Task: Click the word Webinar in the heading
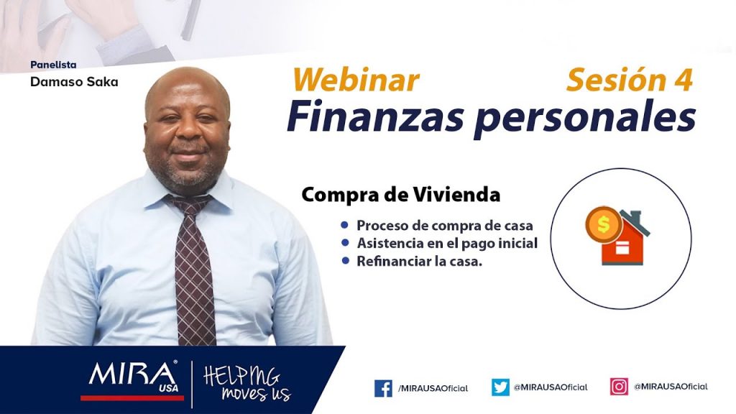pyautogui.click(x=355, y=80)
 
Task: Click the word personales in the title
pyautogui.click(x=585, y=119)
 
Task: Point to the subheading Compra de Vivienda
pyautogui.click(x=400, y=194)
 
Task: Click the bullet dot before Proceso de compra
pyautogui.click(x=345, y=225)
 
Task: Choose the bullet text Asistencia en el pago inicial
pyautogui.click(x=447, y=243)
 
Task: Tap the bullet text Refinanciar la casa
pyautogui.click(x=419, y=261)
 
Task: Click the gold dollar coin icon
pyautogui.click(x=604, y=225)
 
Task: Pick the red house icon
pyautogui.click(x=625, y=241)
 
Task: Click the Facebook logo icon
pyautogui.click(x=383, y=388)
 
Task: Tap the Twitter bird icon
pyautogui.click(x=500, y=387)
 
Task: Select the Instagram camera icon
pyautogui.click(x=619, y=386)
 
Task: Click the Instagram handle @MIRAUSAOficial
pyautogui.click(x=671, y=386)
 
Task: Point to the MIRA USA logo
pyautogui.click(x=133, y=377)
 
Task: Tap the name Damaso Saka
pyautogui.click(x=74, y=82)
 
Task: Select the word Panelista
pyautogui.click(x=53, y=65)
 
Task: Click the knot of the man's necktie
pyautogui.click(x=190, y=205)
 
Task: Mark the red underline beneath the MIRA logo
pyautogui.click(x=132, y=398)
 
